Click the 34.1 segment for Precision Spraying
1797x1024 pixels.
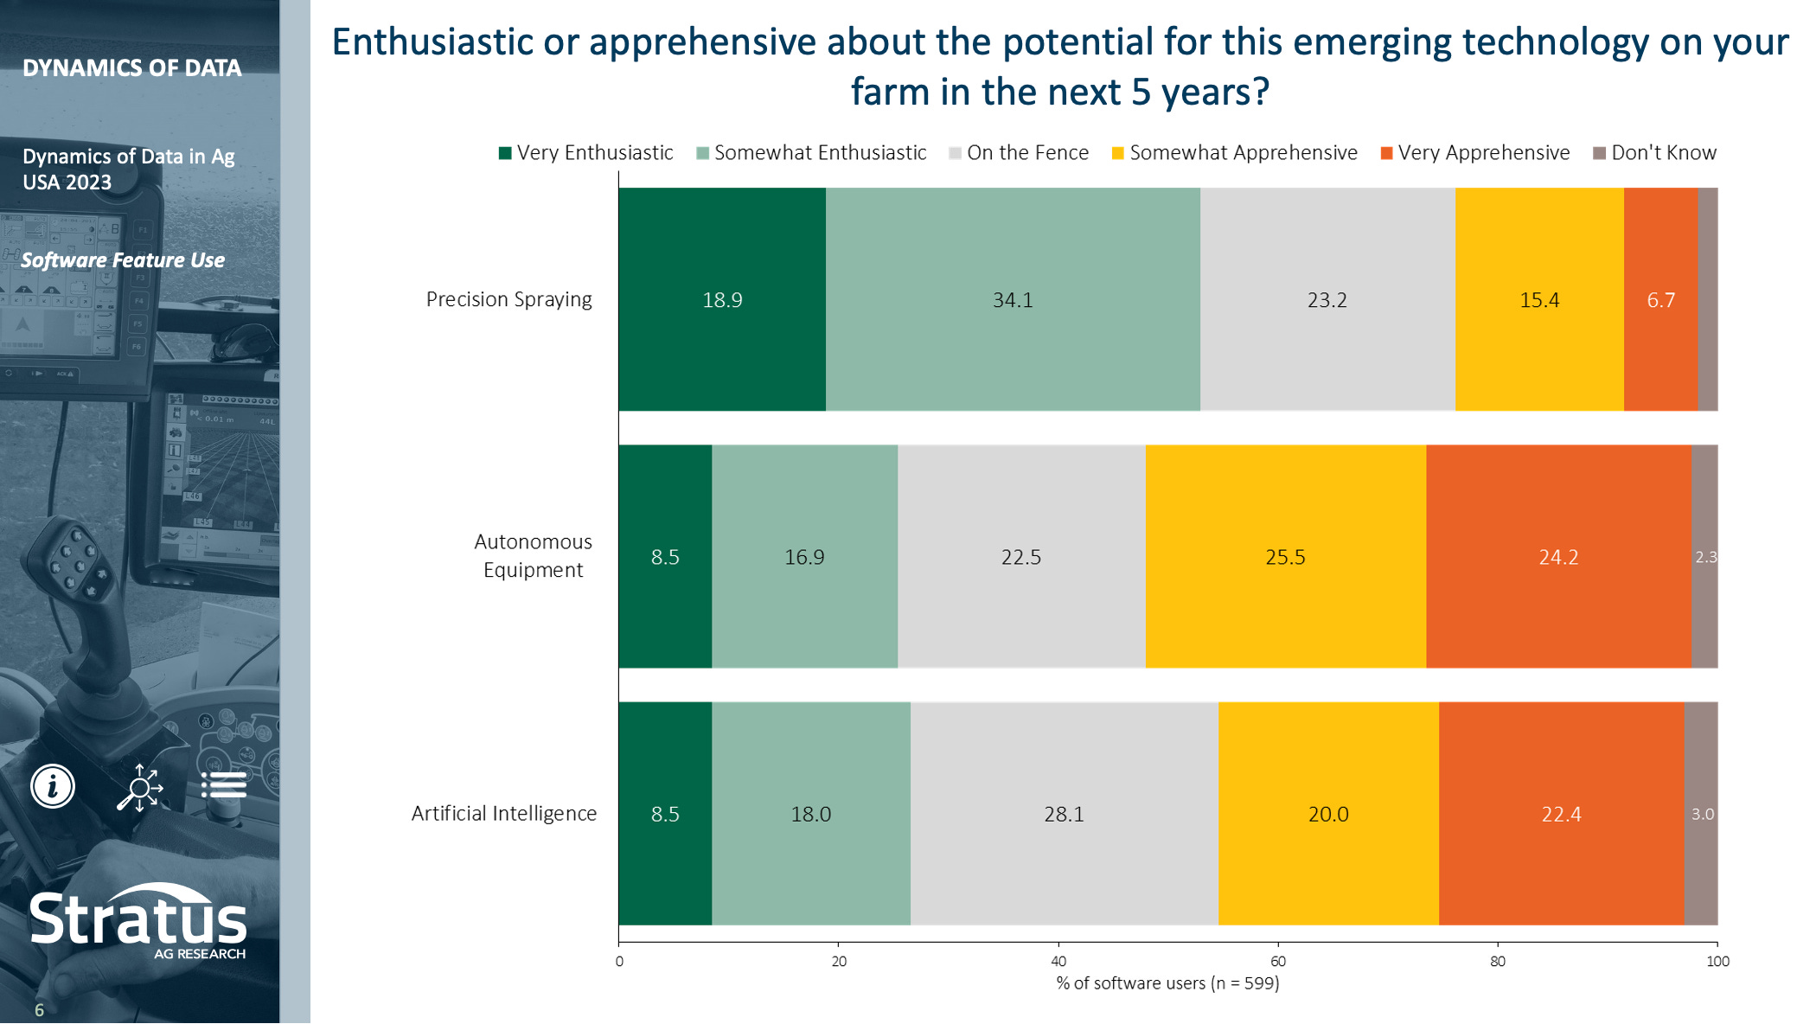(x=1013, y=299)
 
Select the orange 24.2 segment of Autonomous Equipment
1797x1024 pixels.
(x=1558, y=557)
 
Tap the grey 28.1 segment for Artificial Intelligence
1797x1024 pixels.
(x=1064, y=814)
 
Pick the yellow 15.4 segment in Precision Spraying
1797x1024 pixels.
(x=1539, y=299)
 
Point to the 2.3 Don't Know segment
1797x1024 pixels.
(x=1704, y=557)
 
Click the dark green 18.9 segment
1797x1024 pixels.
(x=722, y=299)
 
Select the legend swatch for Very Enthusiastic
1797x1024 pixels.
(x=505, y=153)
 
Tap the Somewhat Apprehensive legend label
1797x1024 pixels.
(x=1243, y=153)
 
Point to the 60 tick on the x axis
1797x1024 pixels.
(x=1278, y=961)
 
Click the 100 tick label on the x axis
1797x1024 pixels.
(x=1717, y=961)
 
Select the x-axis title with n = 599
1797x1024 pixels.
(x=1167, y=983)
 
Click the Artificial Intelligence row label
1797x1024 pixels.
(x=504, y=814)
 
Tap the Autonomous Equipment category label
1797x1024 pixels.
(x=533, y=556)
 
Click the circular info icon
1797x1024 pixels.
(x=53, y=786)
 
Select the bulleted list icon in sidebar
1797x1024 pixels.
(x=224, y=785)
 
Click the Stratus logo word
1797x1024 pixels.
(x=138, y=918)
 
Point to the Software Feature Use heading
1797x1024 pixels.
(x=123, y=260)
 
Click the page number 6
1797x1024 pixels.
(x=39, y=1009)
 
